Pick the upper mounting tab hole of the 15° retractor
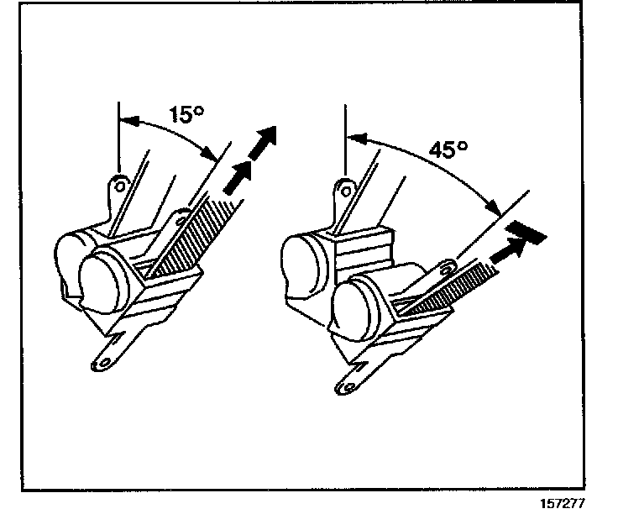[121, 184]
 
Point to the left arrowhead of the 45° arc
[358, 138]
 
